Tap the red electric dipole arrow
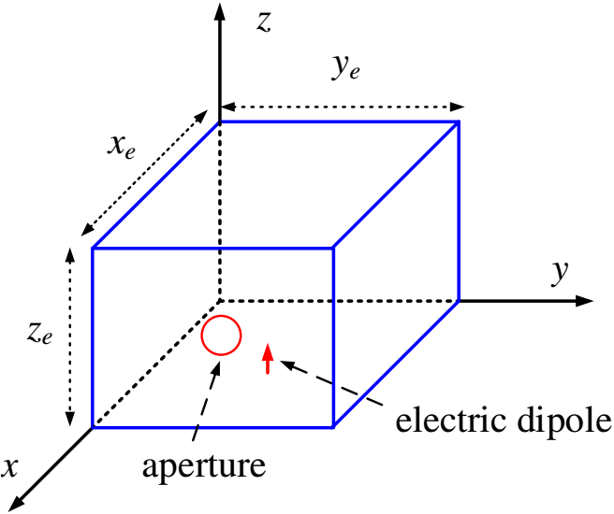(x=268, y=359)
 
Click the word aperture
(x=204, y=467)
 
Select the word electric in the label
(x=451, y=421)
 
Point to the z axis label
(x=264, y=22)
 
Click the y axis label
(x=560, y=273)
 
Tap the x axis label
(x=9, y=467)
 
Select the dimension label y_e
(x=345, y=69)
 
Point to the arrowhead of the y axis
(x=585, y=301)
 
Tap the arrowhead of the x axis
(x=16, y=503)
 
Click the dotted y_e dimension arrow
(x=343, y=107)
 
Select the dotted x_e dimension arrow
(x=144, y=173)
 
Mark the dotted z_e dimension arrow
(x=70, y=336)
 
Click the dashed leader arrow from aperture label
(x=207, y=402)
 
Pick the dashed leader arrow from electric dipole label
(x=331, y=382)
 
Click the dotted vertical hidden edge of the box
(x=220, y=212)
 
